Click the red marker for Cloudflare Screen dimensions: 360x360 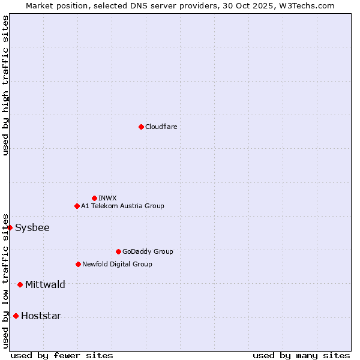(x=141, y=127)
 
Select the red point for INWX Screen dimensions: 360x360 (x=94, y=198)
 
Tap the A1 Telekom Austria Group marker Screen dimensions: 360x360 (x=77, y=206)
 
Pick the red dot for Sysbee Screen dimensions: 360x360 (x=10, y=227)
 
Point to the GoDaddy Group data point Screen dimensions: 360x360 (x=118, y=251)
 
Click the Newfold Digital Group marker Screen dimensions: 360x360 (x=78, y=264)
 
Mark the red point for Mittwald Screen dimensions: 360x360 (x=20, y=284)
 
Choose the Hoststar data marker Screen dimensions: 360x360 (x=16, y=316)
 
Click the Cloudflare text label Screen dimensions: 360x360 (x=161, y=127)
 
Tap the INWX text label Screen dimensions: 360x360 (x=107, y=198)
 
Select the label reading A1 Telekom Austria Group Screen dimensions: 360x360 (x=122, y=206)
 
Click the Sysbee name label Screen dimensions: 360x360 (x=32, y=227)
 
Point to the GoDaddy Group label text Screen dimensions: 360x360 (x=148, y=251)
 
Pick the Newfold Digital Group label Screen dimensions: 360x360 (x=117, y=264)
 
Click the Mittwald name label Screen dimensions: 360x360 (x=45, y=284)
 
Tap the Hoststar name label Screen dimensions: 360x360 (x=41, y=316)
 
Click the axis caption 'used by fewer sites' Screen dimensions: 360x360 (x=62, y=355)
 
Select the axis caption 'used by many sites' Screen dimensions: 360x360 (x=301, y=355)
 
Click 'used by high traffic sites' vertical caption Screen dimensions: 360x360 (x=5, y=85)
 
